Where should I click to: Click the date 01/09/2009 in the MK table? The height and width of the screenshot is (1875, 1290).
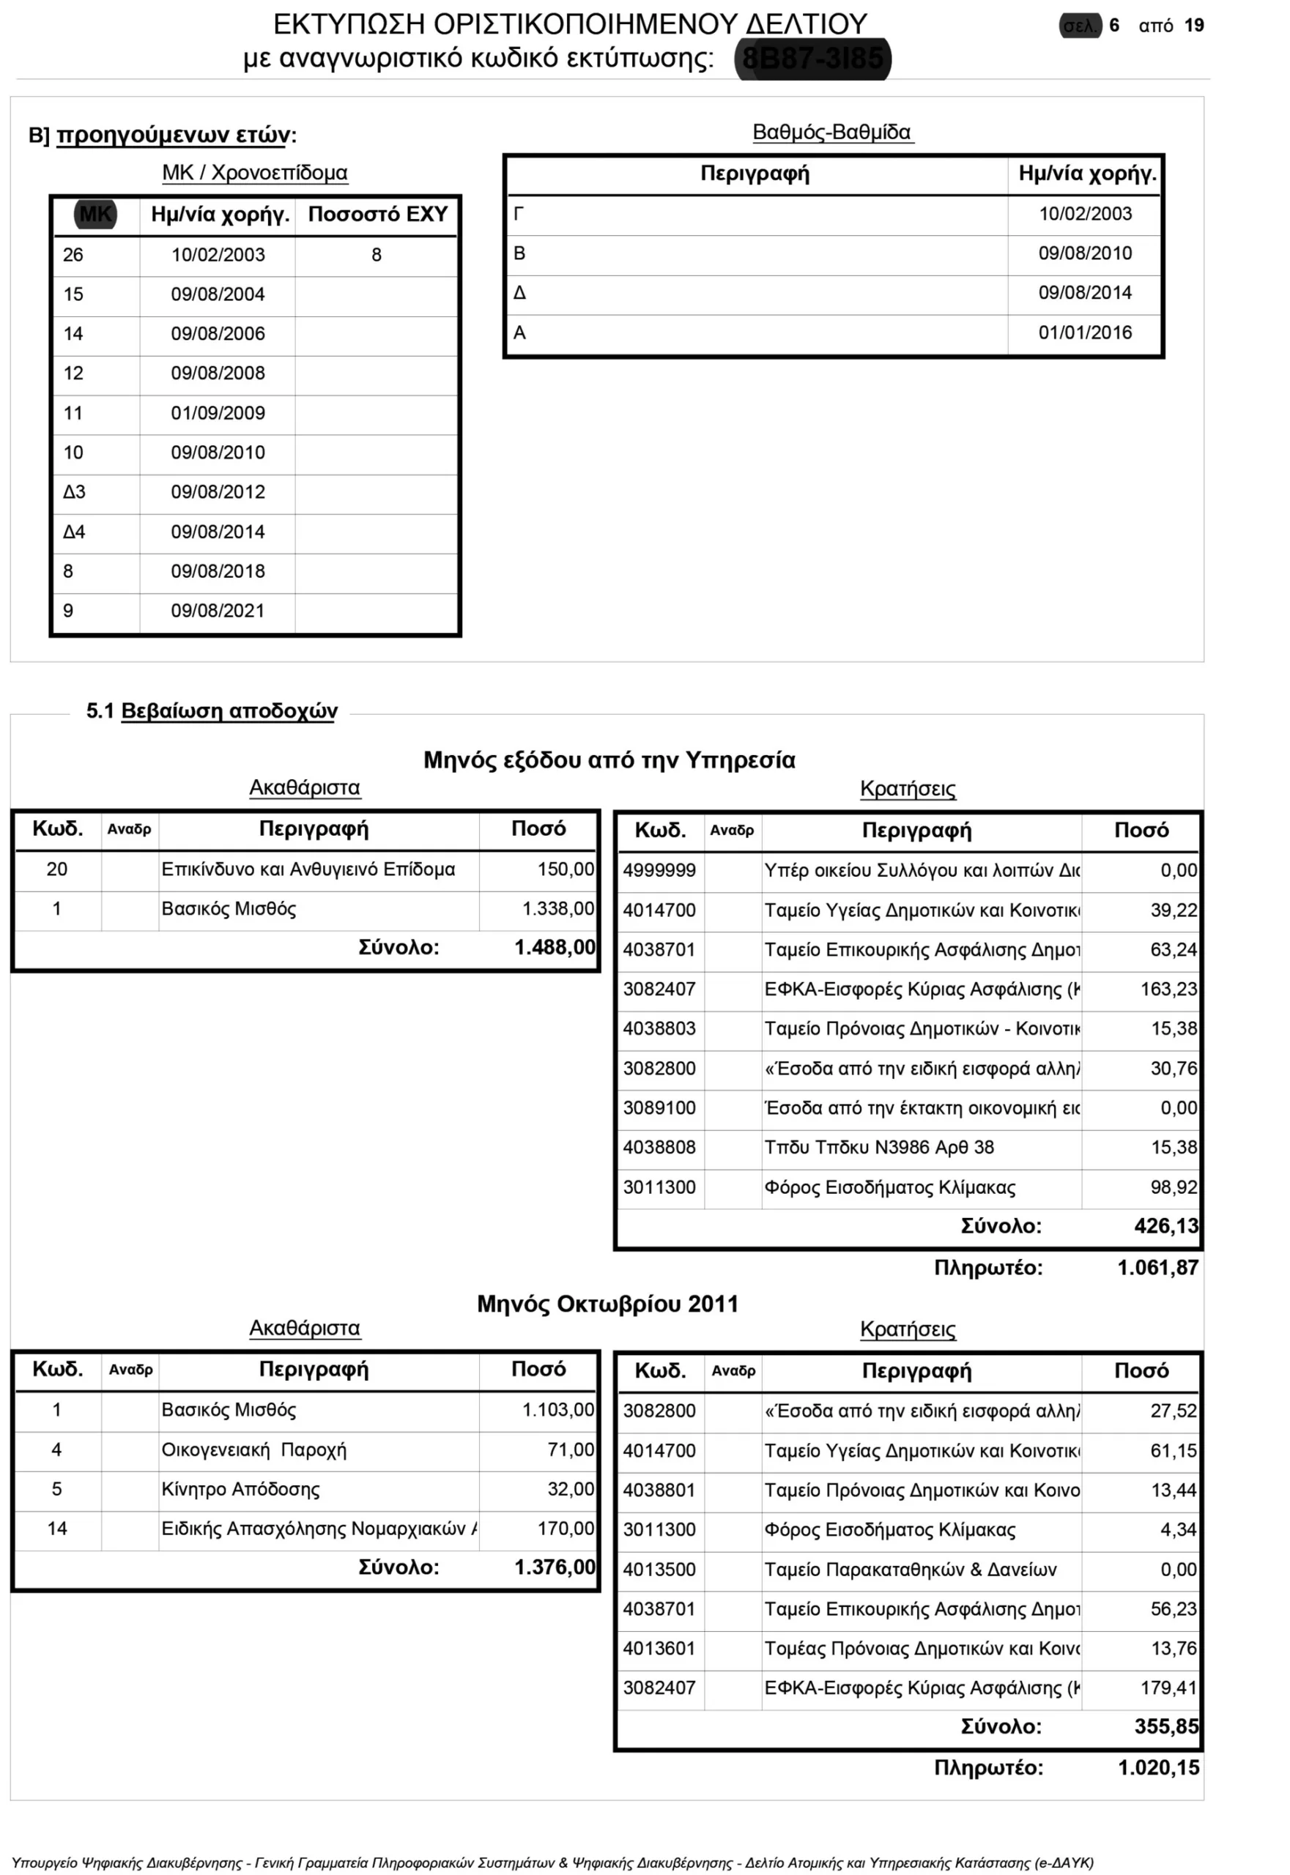click(218, 413)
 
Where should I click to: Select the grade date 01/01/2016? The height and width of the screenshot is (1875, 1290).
click(1085, 333)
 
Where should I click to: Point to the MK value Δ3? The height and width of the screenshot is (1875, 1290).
click(75, 491)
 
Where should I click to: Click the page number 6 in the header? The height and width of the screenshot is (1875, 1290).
click(1113, 26)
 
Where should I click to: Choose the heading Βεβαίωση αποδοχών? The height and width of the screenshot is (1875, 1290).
click(229, 710)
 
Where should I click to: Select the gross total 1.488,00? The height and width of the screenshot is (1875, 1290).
click(555, 947)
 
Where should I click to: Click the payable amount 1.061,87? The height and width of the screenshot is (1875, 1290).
click(1157, 1267)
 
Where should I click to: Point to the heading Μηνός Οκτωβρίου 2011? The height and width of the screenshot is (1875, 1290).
click(607, 1304)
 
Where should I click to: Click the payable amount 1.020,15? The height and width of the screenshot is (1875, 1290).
click(1158, 1767)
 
